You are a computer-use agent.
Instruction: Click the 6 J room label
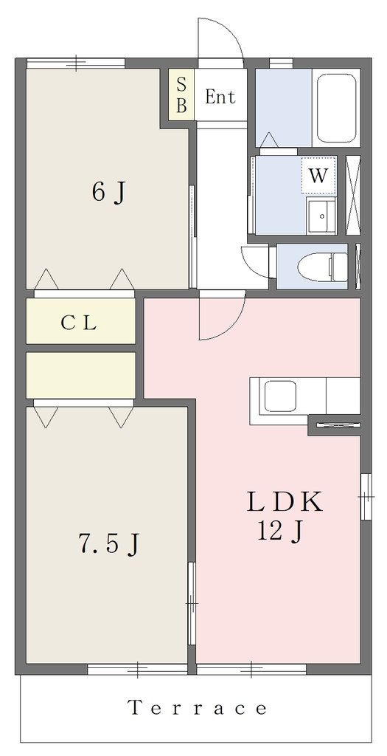coord(108,193)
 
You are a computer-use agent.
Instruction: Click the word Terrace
coord(198,708)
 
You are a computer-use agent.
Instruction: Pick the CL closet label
coord(80,323)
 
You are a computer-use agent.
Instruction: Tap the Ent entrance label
coord(220,97)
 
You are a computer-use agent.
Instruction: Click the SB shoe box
coord(181,94)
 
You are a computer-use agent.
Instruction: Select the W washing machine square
coord(318,176)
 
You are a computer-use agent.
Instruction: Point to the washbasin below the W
coord(321,215)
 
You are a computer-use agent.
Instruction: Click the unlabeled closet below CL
coord(80,376)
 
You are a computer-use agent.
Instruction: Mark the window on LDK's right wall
coord(366,497)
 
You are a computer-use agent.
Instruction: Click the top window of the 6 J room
coord(76,63)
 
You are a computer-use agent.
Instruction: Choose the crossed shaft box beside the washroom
coord(353,195)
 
